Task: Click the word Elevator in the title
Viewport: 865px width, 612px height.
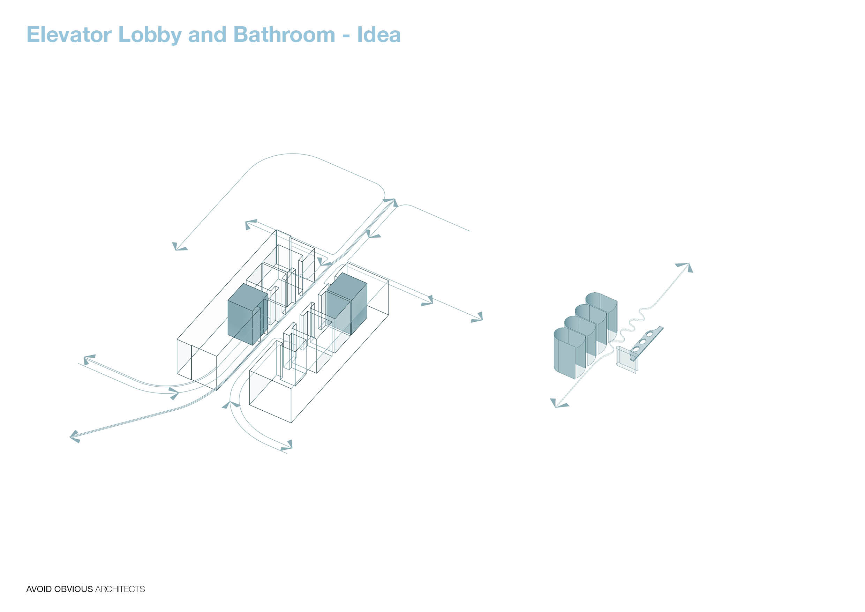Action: coord(69,35)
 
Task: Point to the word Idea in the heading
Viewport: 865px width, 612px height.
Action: coord(379,35)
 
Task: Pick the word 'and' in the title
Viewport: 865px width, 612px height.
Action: coord(207,35)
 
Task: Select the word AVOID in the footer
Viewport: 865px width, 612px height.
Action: coord(39,589)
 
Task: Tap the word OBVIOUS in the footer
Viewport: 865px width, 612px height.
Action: coord(74,589)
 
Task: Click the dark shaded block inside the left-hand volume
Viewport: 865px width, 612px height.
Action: coord(248,314)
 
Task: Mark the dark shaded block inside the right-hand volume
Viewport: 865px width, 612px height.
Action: coord(347,304)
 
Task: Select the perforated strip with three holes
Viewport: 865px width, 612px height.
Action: coord(646,343)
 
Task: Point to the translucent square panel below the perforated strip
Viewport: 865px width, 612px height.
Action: coord(626,360)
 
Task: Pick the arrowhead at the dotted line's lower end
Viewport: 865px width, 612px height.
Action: coord(559,404)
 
